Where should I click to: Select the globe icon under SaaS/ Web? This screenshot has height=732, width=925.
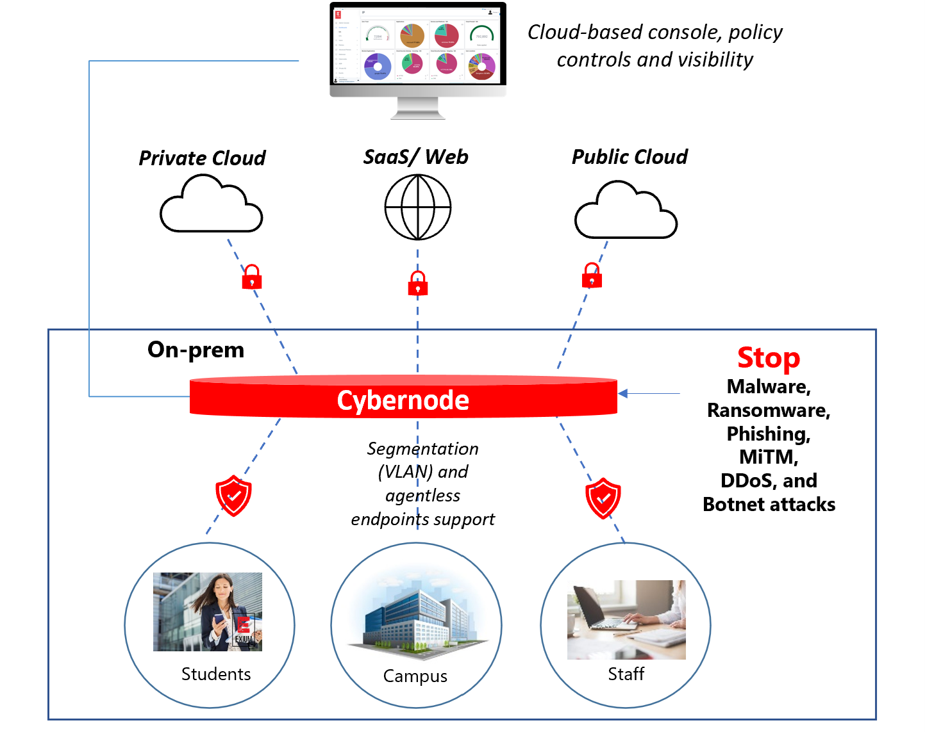tap(418, 207)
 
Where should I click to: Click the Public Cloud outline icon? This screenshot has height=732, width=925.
tap(626, 211)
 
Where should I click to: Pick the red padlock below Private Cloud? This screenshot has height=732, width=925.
tap(251, 277)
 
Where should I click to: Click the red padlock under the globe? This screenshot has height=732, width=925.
tap(418, 283)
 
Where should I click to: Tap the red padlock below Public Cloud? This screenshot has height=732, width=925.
tap(592, 276)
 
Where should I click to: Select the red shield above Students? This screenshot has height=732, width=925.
tap(233, 496)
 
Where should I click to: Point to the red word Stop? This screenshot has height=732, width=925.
tap(769, 358)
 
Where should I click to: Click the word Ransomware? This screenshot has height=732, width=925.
tap(768, 411)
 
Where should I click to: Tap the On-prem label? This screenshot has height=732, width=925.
tap(196, 350)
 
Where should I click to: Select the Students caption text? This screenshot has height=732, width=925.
tap(216, 674)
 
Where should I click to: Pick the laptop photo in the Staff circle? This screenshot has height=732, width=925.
tap(626, 619)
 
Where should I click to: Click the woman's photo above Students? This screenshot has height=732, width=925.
tap(208, 612)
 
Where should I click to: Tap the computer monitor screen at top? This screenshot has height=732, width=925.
tap(417, 45)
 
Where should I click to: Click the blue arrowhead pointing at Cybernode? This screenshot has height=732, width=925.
tap(622, 393)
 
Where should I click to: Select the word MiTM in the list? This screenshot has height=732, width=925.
tap(769, 457)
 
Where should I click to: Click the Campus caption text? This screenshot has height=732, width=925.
tap(415, 676)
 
